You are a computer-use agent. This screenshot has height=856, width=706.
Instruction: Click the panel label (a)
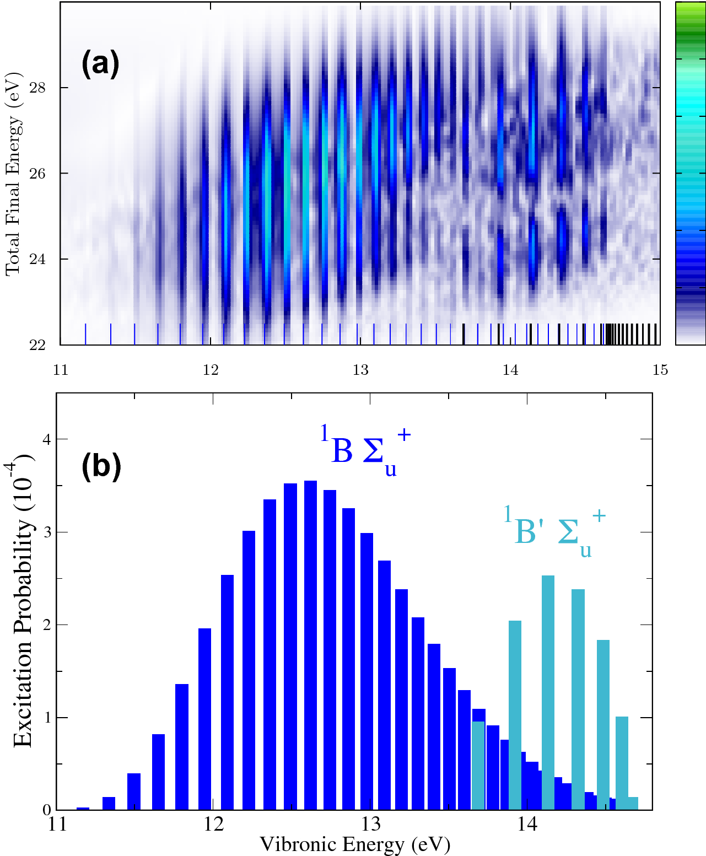(100, 64)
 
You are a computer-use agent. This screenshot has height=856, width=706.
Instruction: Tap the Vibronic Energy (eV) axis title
(354, 844)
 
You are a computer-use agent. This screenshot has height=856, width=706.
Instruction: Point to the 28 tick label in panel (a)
(37, 88)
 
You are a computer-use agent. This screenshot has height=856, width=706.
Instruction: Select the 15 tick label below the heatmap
(660, 370)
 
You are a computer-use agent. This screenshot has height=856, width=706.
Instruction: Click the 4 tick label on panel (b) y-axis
(46, 440)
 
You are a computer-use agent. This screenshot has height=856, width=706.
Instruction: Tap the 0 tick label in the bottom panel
(47, 810)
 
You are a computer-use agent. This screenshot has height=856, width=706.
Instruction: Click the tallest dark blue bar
(310, 645)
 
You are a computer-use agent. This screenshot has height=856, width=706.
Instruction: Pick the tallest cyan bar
(548, 692)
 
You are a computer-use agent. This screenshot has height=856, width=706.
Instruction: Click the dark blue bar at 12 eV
(204, 719)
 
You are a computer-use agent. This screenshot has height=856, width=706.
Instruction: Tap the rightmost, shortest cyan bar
(633, 804)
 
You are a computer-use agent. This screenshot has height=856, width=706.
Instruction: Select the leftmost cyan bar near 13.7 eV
(478, 765)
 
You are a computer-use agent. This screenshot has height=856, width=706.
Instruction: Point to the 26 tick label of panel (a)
(37, 174)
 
